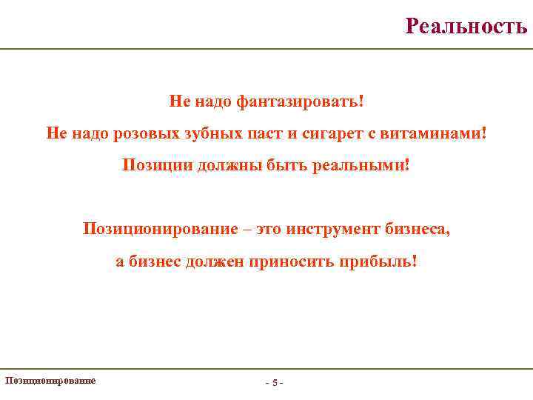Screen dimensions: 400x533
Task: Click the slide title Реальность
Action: click(x=466, y=27)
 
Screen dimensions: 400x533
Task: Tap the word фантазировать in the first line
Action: click(x=300, y=100)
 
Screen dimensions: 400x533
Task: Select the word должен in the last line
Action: click(x=209, y=262)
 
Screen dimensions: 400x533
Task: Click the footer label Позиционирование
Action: click(x=50, y=381)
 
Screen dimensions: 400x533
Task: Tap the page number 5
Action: click(x=274, y=383)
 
